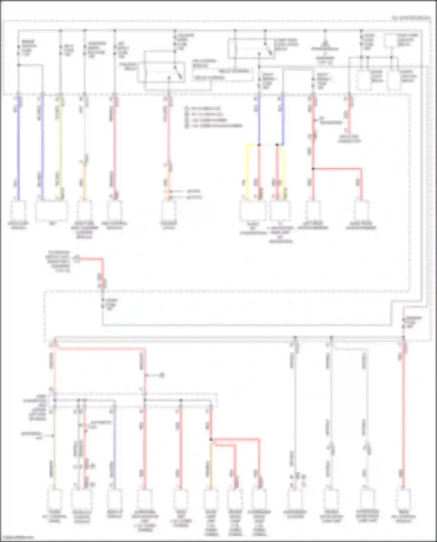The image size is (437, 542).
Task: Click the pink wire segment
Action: (x=168, y=131)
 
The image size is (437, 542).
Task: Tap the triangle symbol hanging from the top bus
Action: (x=325, y=44)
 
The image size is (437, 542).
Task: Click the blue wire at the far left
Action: (x=18, y=146)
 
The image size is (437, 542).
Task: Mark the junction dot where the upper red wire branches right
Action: (x=313, y=169)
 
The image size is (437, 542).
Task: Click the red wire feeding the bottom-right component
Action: (x=403, y=422)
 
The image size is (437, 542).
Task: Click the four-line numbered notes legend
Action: (x=213, y=117)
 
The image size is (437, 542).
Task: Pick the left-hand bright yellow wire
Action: (x=247, y=172)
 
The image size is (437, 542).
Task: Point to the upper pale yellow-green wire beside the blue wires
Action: (x=61, y=146)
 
